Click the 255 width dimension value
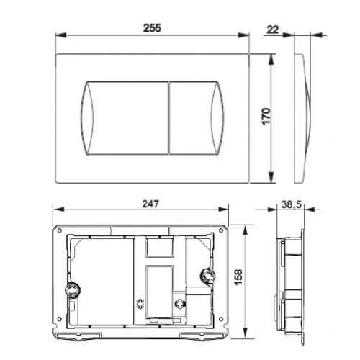click(152, 26)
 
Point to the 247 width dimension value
click(149, 203)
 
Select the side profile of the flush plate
click(304, 117)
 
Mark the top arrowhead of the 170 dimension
click(271, 57)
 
